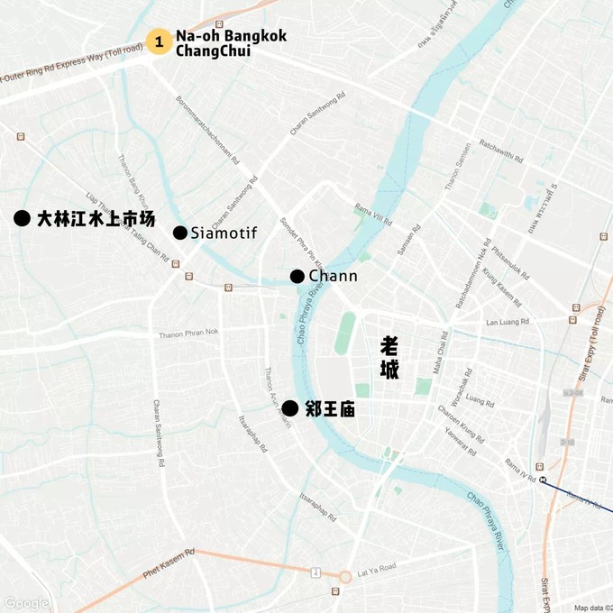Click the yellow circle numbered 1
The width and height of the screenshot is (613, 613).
click(160, 41)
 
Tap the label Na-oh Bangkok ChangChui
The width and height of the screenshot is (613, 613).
click(231, 43)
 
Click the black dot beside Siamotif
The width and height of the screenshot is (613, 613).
click(180, 233)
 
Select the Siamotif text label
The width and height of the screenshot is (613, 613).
click(224, 233)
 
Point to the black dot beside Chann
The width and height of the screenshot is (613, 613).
click(297, 276)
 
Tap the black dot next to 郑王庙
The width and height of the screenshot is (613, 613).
click(289, 408)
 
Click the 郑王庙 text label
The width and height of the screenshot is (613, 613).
click(330, 409)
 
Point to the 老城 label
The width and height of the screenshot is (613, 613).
click(389, 358)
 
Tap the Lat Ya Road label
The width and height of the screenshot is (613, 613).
click(376, 569)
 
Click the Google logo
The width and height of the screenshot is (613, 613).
click(25, 603)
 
